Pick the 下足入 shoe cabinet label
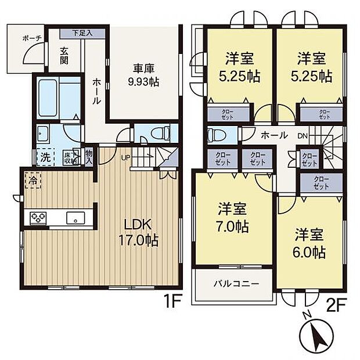coord(82,34)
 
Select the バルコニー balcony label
coord(236,284)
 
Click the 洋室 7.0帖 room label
coord(233,218)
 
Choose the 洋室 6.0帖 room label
coord(309,244)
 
